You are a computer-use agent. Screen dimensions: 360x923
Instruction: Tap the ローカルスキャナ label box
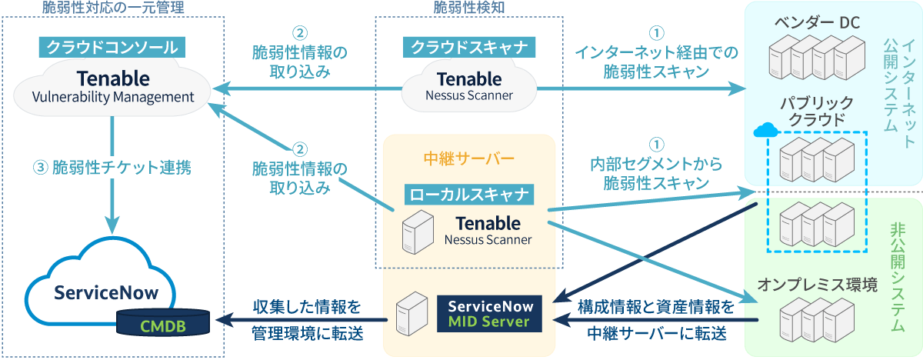(x=469, y=194)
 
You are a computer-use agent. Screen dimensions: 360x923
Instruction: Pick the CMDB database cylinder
(x=163, y=324)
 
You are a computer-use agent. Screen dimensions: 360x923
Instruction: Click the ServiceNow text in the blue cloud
(x=105, y=293)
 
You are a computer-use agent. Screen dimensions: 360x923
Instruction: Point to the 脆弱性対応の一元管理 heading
(x=114, y=8)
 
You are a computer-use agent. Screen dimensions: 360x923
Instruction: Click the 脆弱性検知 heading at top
(x=469, y=8)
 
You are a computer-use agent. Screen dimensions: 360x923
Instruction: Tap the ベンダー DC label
(x=818, y=20)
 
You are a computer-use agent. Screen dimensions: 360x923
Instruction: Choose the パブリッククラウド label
(x=818, y=110)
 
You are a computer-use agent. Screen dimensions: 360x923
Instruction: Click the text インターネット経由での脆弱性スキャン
(x=655, y=62)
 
